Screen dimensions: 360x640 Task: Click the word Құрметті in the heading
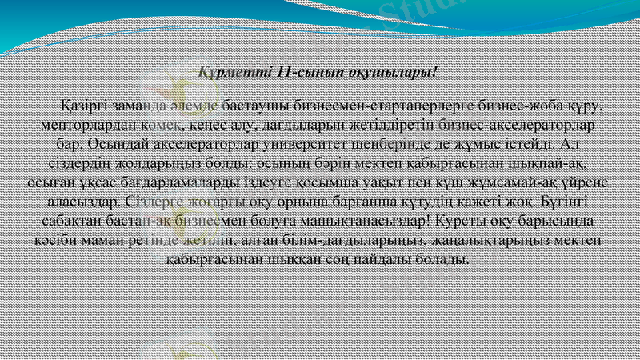click(x=232, y=73)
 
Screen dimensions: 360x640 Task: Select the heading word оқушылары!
click(x=392, y=73)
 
